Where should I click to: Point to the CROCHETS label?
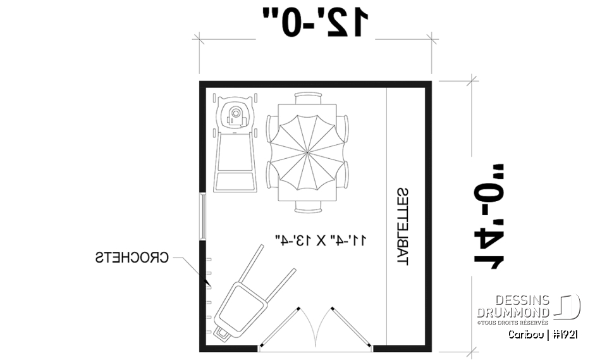(132, 258)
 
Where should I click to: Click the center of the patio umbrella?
(307, 152)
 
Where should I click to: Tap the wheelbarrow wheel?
(222, 333)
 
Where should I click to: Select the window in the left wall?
(203, 216)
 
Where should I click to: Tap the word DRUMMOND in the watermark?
(514, 313)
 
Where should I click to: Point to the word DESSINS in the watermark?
(522, 301)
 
